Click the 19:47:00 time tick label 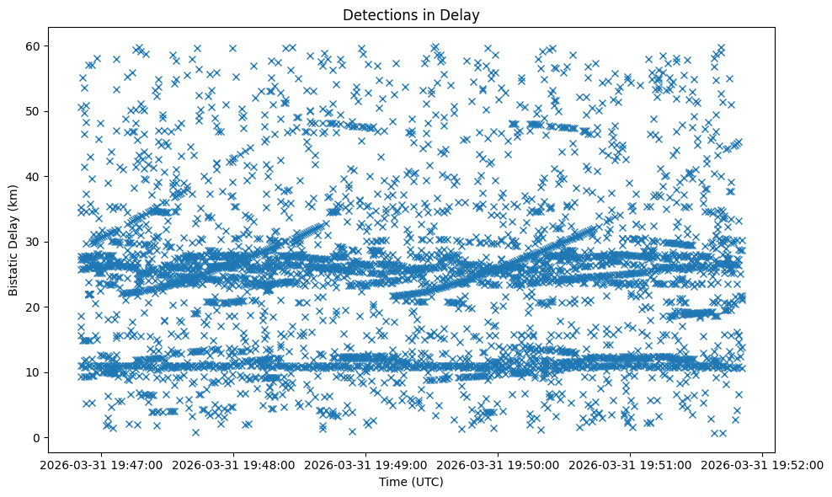click(103, 465)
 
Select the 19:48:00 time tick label click(235, 465)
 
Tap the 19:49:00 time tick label click(367, 465)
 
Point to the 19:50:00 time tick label click(499, 465)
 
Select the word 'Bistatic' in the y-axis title click(13, 274)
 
